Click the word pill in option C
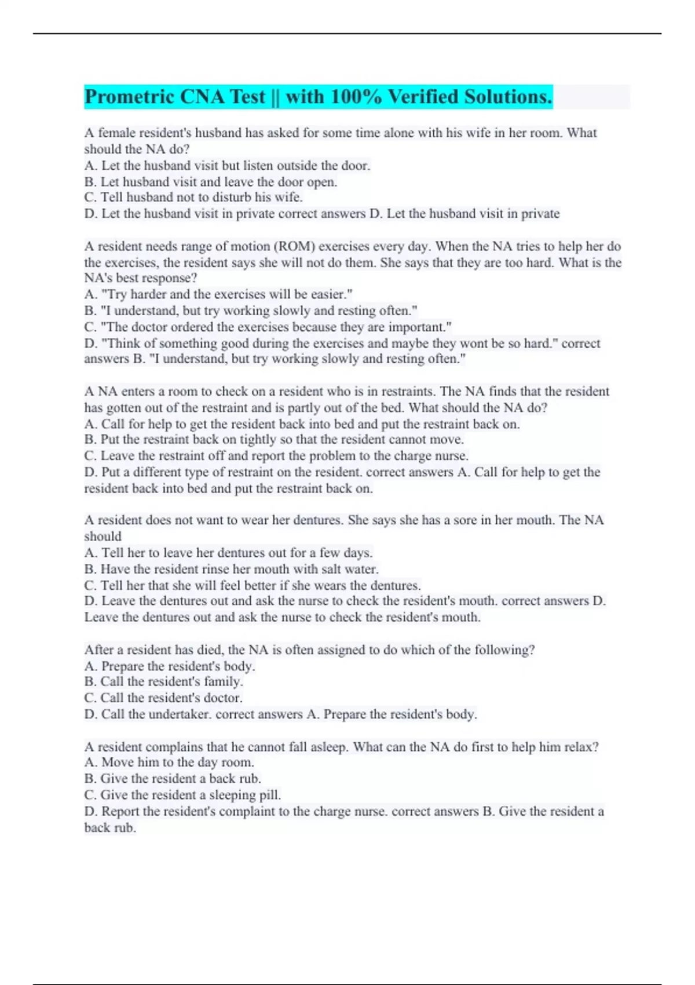[x=270, y=795]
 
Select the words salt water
[x=345, y=569]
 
